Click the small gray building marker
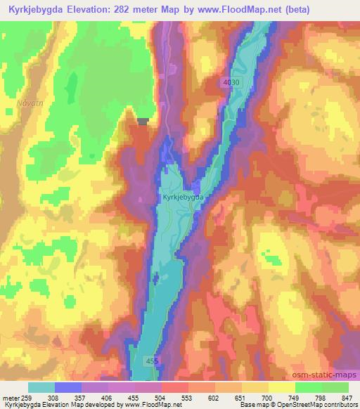pos(143,122)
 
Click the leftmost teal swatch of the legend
pos(41,388)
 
